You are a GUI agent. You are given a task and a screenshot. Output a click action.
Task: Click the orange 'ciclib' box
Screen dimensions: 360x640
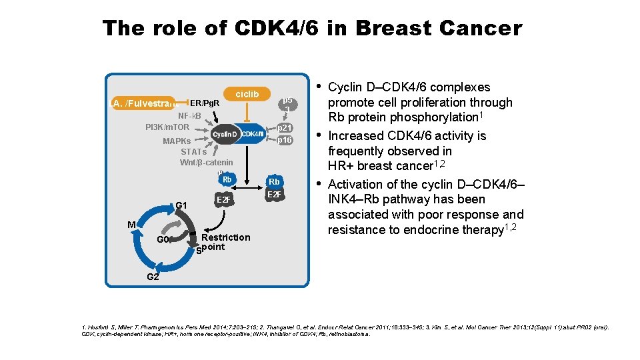(x=247, y=94)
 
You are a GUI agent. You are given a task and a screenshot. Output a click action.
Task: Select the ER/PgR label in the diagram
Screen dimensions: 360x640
(x=205, y=103)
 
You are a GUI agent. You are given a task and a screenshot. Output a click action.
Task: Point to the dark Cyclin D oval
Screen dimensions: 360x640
(x=225, y=135)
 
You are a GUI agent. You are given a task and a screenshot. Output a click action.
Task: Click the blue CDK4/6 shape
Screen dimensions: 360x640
(x=253, y=134)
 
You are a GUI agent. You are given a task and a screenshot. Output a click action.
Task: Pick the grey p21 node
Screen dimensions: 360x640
(x=285, y=127)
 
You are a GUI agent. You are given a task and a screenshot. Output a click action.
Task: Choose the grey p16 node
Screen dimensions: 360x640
(x=285, y=140)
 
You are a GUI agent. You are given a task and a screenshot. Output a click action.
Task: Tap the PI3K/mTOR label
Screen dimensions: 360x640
(x=167, y=127)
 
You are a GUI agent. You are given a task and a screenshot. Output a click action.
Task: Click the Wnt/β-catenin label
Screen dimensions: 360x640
(x=207, y=163)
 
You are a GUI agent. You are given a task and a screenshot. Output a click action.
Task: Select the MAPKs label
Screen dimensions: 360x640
(x=177, y=141)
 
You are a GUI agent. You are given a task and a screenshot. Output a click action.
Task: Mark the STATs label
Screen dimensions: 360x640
(x=193, y=151)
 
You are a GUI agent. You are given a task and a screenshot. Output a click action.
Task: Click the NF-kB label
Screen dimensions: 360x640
(x=189, y=115)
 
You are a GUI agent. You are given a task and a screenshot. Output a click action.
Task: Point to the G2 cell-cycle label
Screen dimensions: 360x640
(x=153, y=276)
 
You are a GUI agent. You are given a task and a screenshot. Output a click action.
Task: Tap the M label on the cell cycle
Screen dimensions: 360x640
(x=132, y=225)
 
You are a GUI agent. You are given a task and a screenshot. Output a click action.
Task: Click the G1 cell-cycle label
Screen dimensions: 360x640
(x=181, y=205)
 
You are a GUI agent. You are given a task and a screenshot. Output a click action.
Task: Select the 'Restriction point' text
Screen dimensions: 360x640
(x=225, y=242)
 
